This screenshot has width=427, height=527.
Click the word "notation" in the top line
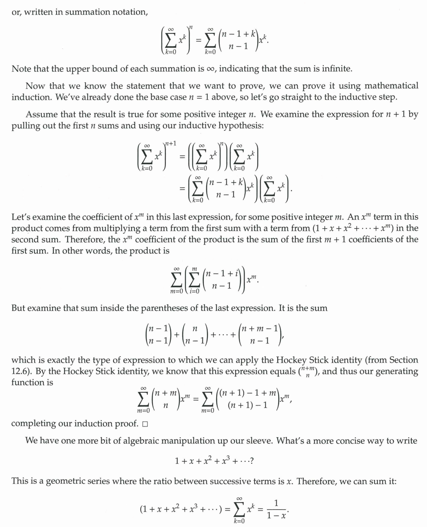pyautogui.click(x=129, y=12)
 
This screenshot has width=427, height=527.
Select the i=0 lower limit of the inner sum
pyautogui.click(x=193, y=291)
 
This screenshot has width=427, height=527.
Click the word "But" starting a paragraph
pyautogui.click(x=19, y=308)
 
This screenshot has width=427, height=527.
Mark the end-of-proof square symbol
pyautogui.click(x=145, y=423)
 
